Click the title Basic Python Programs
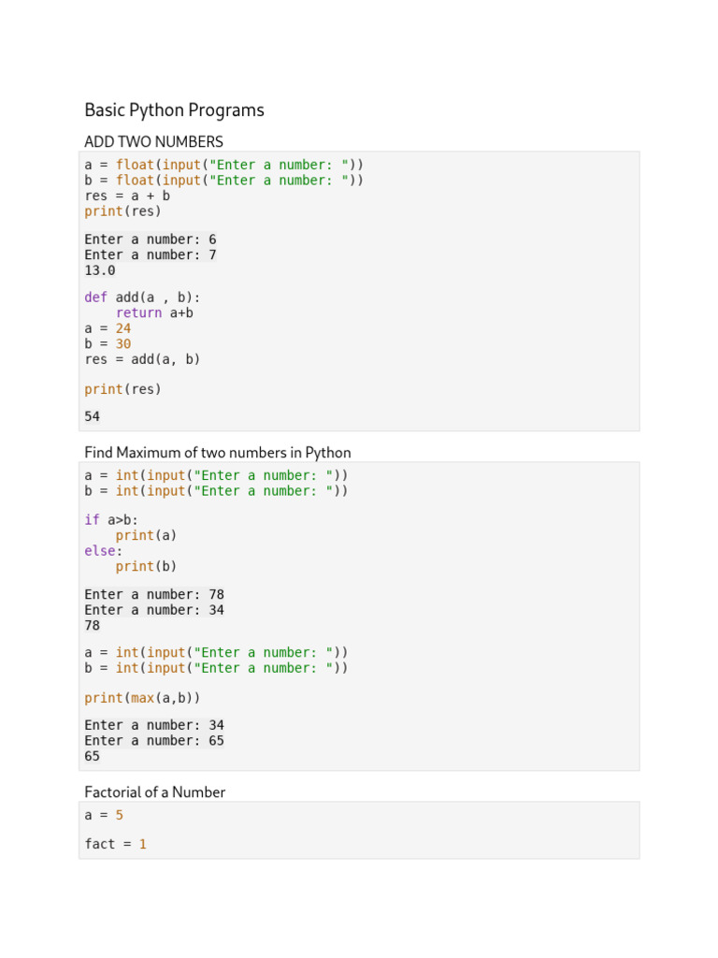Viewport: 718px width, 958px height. (x=174, y=110)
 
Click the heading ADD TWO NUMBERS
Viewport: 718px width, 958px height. (x=153, y=142)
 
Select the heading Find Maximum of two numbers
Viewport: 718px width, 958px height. (x=217, y=453)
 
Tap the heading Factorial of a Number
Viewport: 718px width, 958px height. (x=154, y=792)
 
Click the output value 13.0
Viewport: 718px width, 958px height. (x=100, y=270)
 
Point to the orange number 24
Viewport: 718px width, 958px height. (x=123, y=328)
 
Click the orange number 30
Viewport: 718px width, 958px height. (x=123, y=343)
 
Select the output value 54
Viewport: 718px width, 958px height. (x=93, y=416)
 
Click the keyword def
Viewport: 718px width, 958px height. (x=96, y=298)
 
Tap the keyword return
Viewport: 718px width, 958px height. (x=139, y=312)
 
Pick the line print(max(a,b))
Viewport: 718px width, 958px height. (x=142, y=698)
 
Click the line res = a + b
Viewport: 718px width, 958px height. (x=127, y=196)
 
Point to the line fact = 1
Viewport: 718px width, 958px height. (x=116, y=844)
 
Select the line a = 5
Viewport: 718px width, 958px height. (x=104, y=815)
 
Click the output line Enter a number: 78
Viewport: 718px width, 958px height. (x=154, y=594)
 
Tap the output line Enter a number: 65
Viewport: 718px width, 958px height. (x=154, y=740)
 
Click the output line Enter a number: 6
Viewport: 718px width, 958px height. (x=151, y=239)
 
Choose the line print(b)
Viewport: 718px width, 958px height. (x=146, y=566)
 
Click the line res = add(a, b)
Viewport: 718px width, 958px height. (x=142, y=358)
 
